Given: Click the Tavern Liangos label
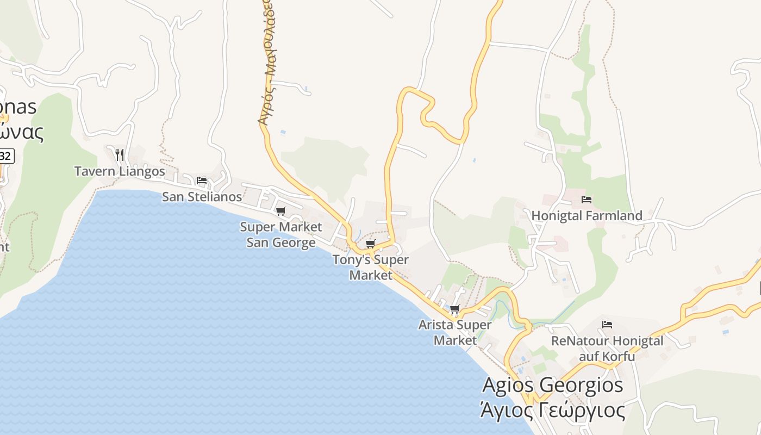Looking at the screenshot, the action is [120, 171].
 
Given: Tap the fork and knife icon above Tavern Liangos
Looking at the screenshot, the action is [120, 155].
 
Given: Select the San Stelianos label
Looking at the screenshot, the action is [202, 196].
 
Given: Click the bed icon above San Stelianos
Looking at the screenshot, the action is [202, 180].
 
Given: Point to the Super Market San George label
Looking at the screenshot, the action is [281, 234].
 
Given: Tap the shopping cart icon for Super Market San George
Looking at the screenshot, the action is [280, 211].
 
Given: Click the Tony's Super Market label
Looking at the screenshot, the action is [371, 267].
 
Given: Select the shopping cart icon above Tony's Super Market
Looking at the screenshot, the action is [371, 244].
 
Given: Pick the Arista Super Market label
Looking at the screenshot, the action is [455, 332].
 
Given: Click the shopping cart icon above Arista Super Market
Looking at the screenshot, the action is [455, 309].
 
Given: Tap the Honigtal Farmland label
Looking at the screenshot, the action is [587, 215].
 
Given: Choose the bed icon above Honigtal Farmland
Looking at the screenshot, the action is [586, 199].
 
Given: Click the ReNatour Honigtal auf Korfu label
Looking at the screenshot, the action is [607, 349].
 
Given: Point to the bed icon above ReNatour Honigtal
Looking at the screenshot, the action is [607, 325].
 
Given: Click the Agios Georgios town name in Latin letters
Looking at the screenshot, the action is [552, 385].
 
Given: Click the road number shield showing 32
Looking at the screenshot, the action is [6, 156].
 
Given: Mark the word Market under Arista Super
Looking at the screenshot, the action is [454, 340].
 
